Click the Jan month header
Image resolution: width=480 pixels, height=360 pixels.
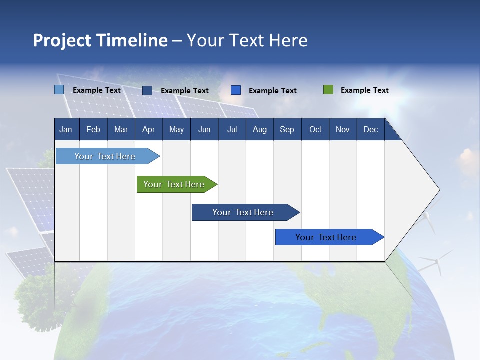coord(66,129)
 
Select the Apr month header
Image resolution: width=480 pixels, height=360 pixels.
coord(148,129)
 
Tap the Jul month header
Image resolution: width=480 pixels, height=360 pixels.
coord(232,129)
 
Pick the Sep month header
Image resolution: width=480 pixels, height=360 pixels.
coord(287,129)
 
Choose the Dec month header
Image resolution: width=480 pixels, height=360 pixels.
coord(370,129)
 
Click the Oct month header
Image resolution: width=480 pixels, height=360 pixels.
coord(315,129)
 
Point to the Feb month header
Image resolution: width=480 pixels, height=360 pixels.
coord(93,129)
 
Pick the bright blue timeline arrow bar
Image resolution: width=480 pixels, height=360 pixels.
coord(326,237)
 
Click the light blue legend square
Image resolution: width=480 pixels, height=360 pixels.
coord(59,90)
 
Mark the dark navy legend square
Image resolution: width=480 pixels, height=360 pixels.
coord(147,90)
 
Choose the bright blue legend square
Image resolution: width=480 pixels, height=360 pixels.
coord(236,90)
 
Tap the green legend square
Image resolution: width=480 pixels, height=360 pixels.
coord(328,90)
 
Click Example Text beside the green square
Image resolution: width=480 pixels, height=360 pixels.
coord(364,90)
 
